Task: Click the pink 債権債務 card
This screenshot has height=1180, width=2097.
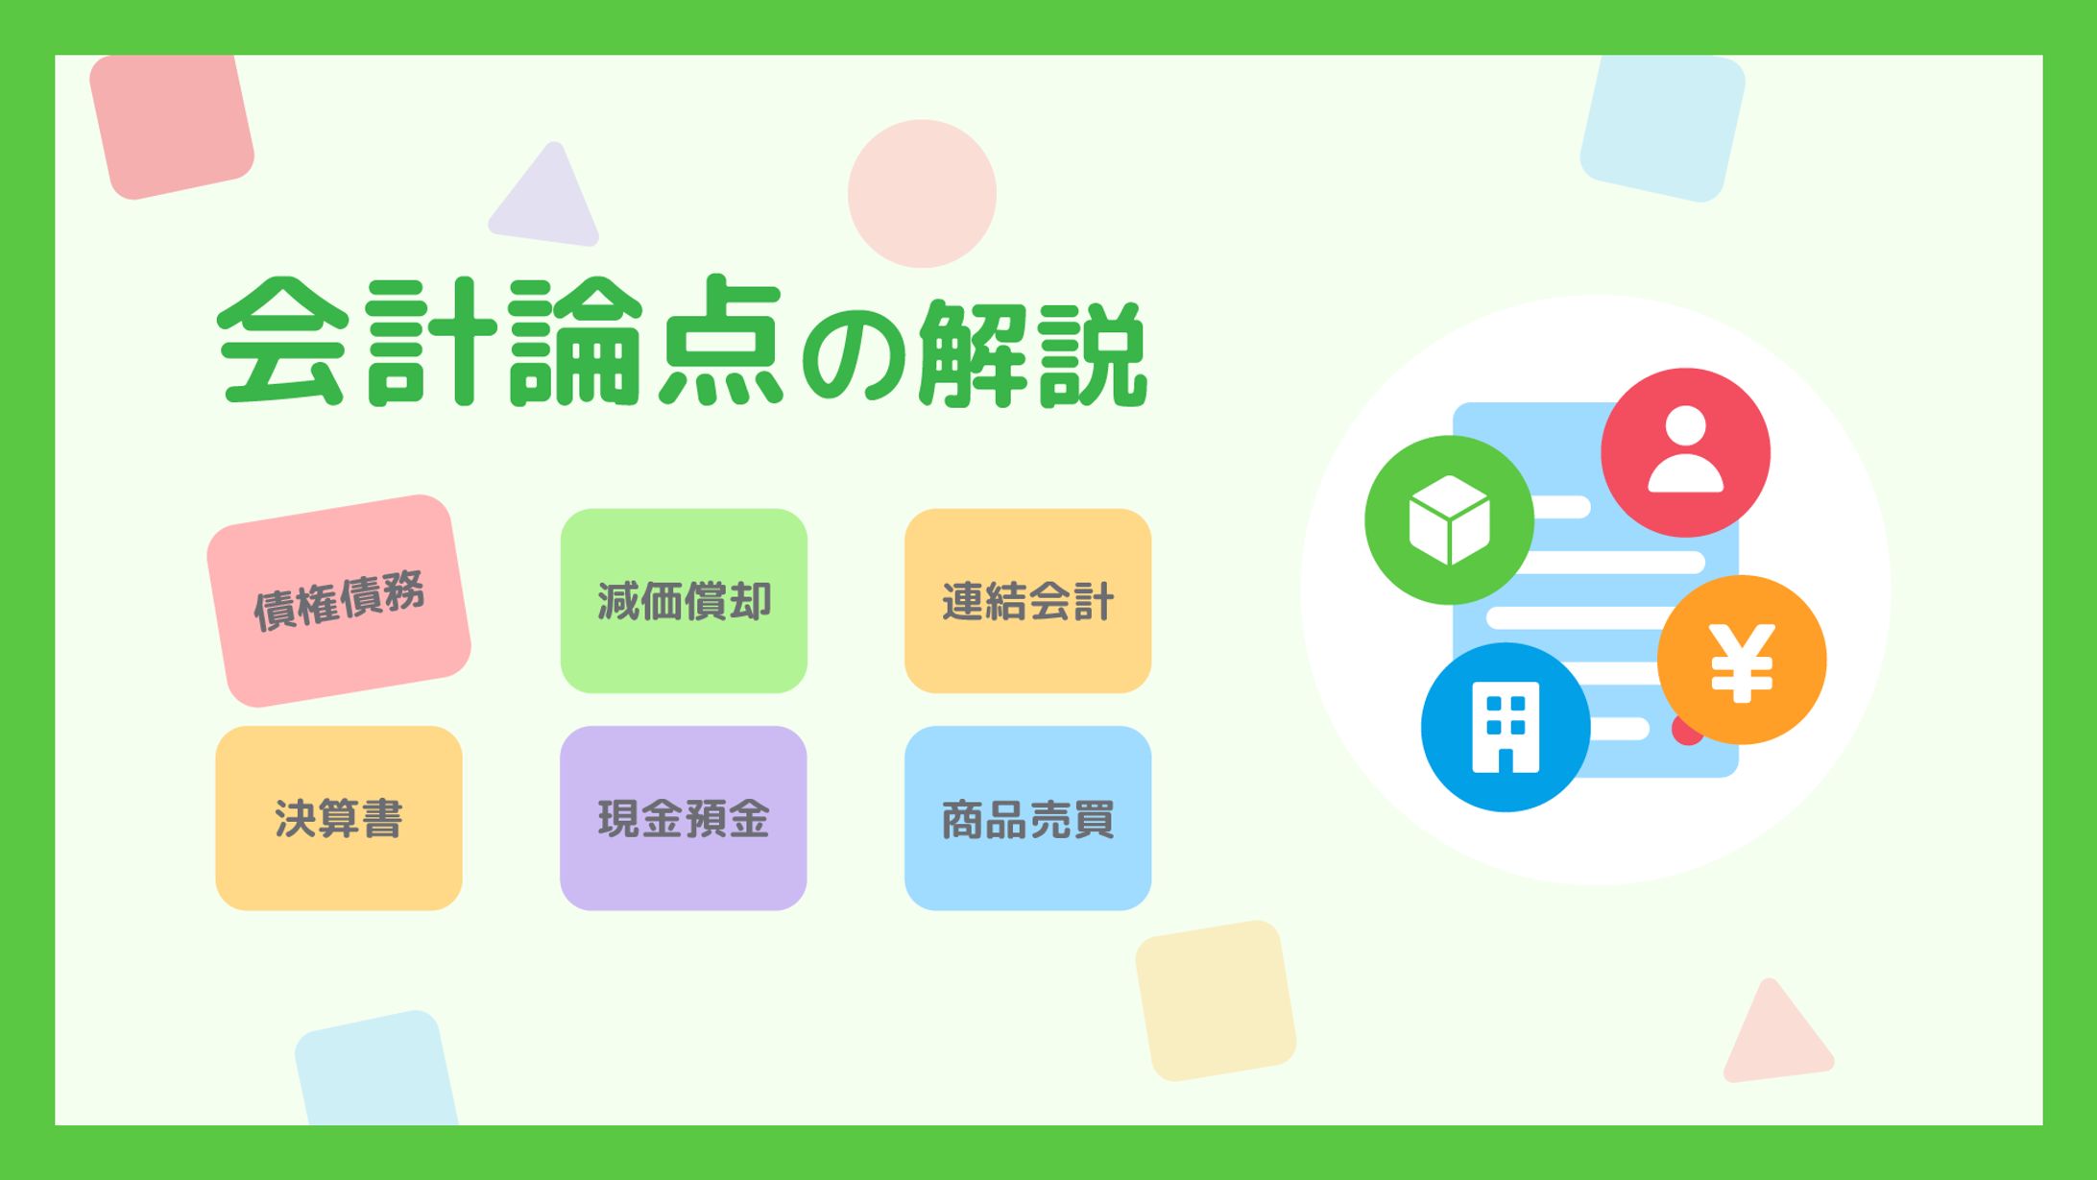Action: (x=339, y=601)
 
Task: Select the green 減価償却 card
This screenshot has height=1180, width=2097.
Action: (x=684, y=601)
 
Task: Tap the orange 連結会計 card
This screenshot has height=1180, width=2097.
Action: (x=1027, y=601)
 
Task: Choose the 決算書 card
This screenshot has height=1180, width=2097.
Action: (x=339, y=818)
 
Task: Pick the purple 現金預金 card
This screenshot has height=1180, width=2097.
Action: (x=684, y=818)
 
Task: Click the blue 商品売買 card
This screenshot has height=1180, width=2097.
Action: (x=1027, y=818)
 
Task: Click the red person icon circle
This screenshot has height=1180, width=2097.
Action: (x=1685, y=452)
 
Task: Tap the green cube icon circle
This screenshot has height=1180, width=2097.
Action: (x=1449, y=519)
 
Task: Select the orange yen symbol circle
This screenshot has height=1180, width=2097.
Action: (x=1742, y=660)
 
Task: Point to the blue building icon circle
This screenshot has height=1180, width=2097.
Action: (x=1506, y=727)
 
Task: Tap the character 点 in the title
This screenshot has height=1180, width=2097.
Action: (x=721, y=341)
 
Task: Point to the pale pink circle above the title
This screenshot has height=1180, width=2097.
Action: (x=922, y=193)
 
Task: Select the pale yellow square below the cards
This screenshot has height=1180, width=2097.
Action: (x=1216, y=1000)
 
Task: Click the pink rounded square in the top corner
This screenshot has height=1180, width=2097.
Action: (x=171, y=125)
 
